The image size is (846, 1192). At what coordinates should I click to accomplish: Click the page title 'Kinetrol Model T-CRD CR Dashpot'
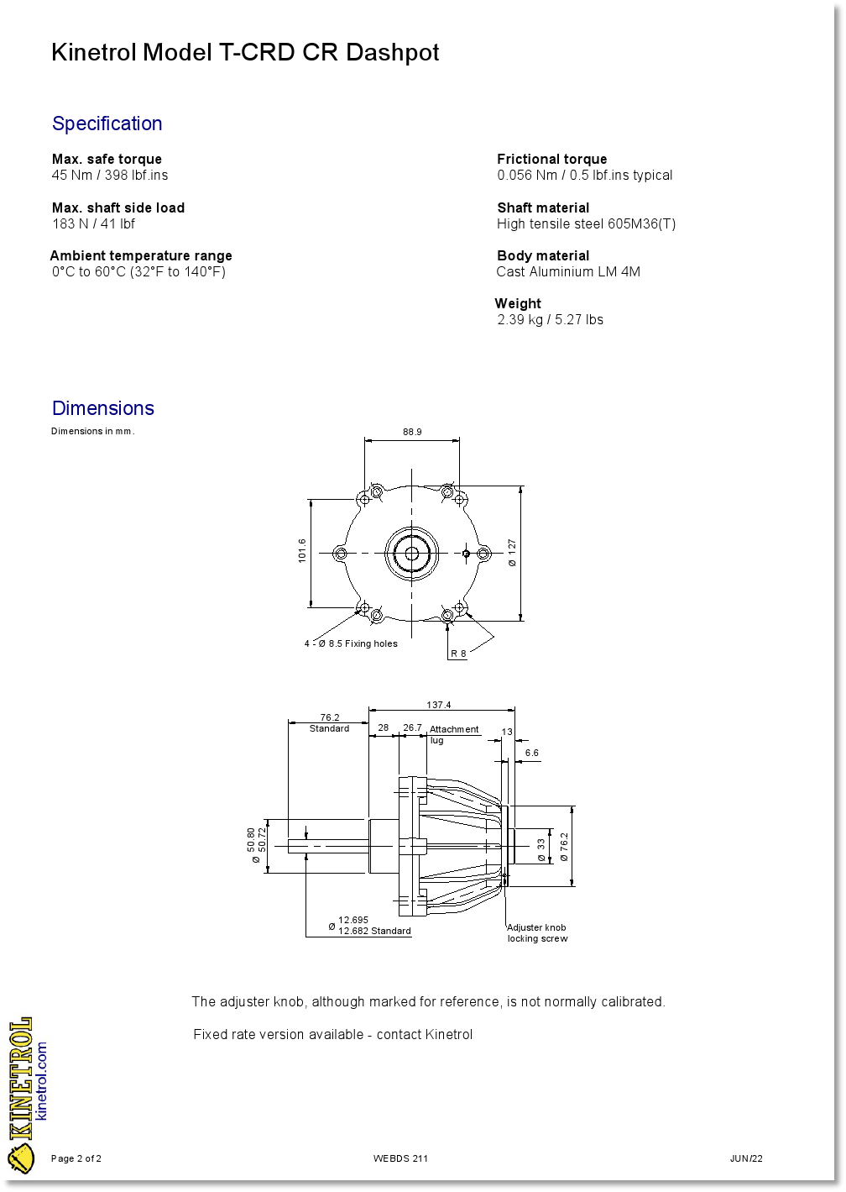point(245,53)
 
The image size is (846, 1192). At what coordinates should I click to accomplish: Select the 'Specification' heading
point(107,123)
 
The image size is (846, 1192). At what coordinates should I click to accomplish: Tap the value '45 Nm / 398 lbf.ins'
point(110,176)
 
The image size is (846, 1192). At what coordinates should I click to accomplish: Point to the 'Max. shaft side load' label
point(118,207)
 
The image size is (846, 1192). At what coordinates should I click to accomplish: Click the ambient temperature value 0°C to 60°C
point(138,272)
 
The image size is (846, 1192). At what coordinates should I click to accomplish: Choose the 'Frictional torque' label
point(551,159)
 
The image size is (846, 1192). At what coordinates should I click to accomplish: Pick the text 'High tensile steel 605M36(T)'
point(586,224)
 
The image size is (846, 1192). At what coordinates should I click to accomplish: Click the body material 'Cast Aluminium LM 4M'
point(568,272)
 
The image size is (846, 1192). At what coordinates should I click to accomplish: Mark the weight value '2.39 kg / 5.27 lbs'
point(550,320)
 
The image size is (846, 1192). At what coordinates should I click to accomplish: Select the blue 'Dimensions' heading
point(103,408)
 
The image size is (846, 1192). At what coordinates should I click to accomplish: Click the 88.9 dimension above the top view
point(412,432)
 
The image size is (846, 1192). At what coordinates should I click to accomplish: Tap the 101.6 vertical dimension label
point(302,551)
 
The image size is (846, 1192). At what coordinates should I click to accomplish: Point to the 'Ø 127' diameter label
point(512,553)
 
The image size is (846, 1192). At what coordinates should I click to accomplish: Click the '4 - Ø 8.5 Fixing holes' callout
point(351,644)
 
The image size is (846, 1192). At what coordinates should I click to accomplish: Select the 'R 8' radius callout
point(458,654)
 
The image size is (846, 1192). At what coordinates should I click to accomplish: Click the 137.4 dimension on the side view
point(438,705)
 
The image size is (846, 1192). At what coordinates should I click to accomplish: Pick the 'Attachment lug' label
point(453,734)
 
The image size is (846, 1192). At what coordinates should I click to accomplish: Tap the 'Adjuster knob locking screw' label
point(537,933)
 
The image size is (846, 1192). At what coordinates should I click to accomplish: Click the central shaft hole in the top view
point(412,553)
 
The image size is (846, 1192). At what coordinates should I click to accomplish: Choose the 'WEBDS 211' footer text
point(400,1159)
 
